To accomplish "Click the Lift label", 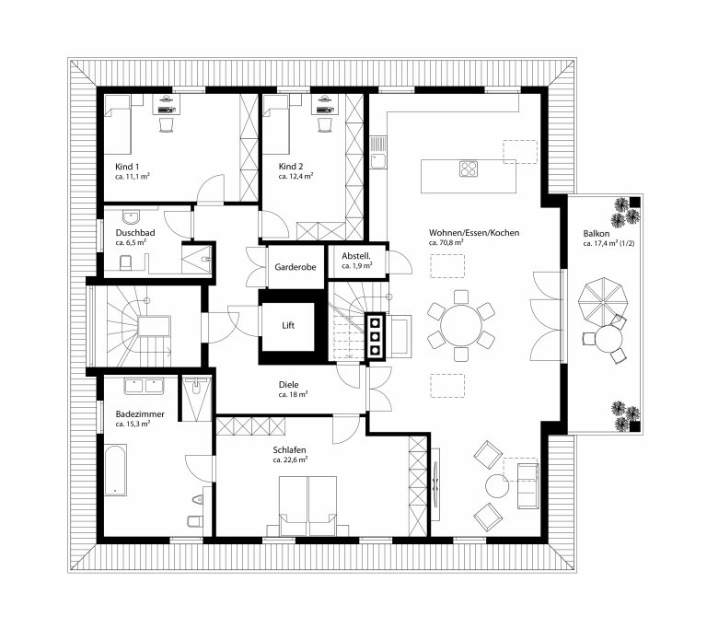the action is pos(288,325).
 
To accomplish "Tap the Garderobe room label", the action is pos(296,267).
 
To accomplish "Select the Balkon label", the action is pos(597,233).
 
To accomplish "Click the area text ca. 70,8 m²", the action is pos(446,243).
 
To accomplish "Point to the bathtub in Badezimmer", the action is pos(115,470).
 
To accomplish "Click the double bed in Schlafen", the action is pos(308,506).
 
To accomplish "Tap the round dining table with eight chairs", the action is pos(461,325).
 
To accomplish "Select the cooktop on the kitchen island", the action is pos(469,169).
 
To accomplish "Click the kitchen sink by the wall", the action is pos(377,153).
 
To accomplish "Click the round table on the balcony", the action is pos(608,339).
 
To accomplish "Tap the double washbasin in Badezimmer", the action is pos(144,387).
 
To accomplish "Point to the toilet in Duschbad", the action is pos(125,263).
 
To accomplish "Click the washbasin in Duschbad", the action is pos(132,217).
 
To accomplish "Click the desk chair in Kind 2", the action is pos(325,125).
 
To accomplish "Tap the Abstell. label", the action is pos(356,256).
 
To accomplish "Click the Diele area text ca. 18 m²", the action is pos(293,395).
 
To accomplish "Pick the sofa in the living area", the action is pos(527,485).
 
